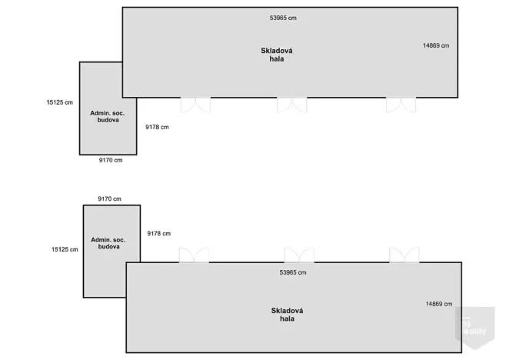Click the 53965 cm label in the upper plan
pos(283,18)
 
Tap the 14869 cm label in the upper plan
pos(436,45)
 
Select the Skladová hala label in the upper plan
pos(277,55)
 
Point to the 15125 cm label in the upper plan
pos(60,102)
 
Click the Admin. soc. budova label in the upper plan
pos(108,116)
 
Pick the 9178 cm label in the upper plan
pos(157,127)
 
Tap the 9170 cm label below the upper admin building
pos(111,160)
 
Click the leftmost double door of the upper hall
pos(195,105)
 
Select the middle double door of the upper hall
pos(292,105)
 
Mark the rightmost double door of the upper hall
pos(401,105)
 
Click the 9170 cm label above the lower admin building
pos(110,198)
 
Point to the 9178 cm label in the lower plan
pos(158,233)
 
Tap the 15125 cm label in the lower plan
pos(65,249)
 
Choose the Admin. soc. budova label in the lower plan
pos(108,243)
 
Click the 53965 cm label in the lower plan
pos(293,272)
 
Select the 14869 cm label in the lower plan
pos(439,304)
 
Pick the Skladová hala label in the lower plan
pos(287,315)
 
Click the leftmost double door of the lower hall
pos(194,255)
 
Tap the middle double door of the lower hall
pos(299,255)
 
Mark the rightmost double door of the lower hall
pos(404,255)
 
